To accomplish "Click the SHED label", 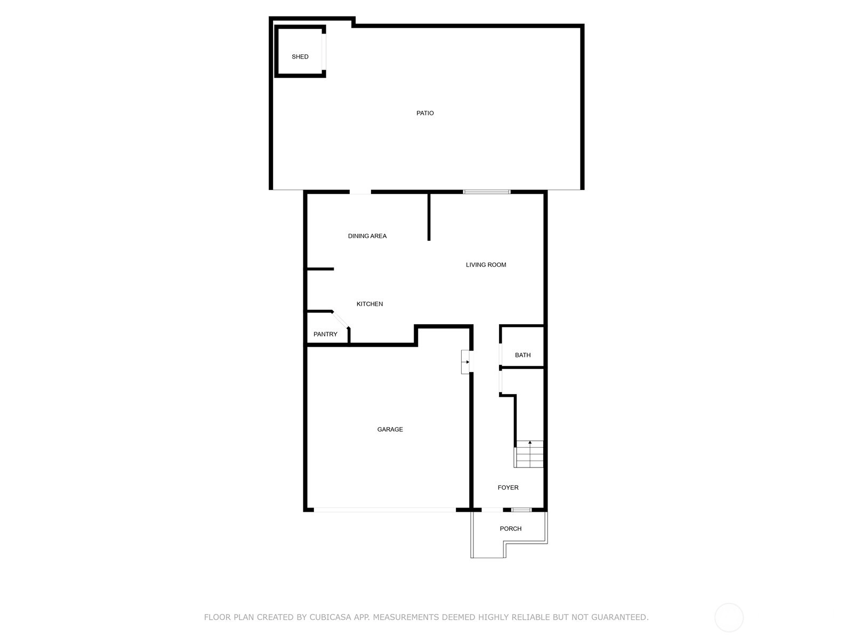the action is [x=300, y=56].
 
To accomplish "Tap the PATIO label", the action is [x=425, y=113].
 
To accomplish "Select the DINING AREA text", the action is [x=367, y=236].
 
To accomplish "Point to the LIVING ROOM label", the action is [x=486, y=265].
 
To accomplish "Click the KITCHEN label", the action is [x=369, y=304].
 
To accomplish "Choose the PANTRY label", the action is [x=325, y=334].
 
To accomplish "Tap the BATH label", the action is [x=522, y=355].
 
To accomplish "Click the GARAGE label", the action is [x=390, y=429].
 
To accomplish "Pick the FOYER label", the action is [x=508, y=487].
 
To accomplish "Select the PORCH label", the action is [x=511, y=528].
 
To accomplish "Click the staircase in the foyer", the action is [x=528, y=454].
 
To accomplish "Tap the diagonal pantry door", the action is [x=341, y=319].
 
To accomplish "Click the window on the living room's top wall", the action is [x=486, y=192].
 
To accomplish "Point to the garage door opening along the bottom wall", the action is [x=385, y=510].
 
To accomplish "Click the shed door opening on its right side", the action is [x=323, y=52].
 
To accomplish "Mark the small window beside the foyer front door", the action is [x=521, y=510].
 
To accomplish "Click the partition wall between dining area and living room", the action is [x=429, y=217].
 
